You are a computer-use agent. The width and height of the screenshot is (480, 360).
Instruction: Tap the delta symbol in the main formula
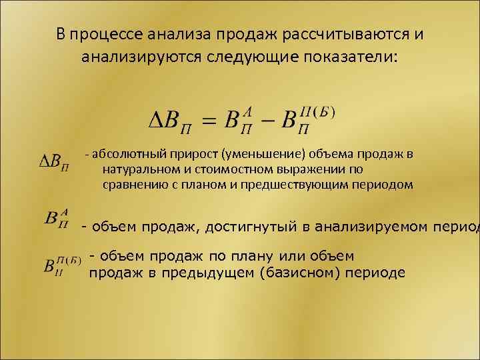point(153,122)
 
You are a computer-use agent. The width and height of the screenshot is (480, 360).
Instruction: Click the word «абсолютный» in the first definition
point(124,155)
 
